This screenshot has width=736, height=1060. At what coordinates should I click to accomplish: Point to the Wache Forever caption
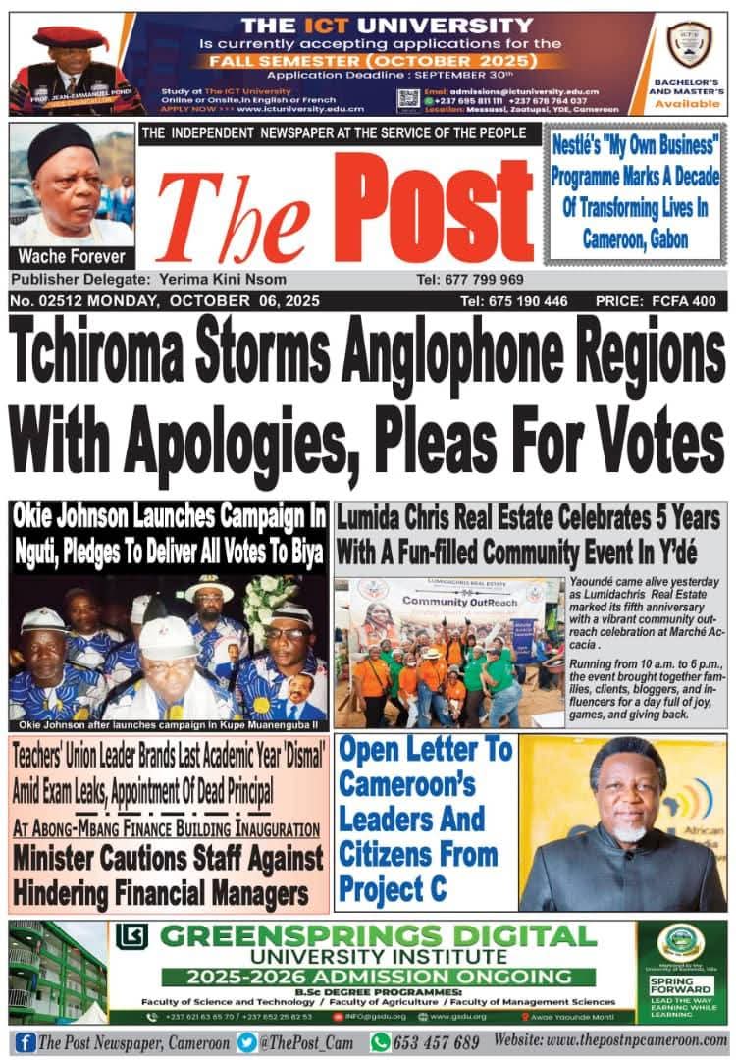coord(71,257)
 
